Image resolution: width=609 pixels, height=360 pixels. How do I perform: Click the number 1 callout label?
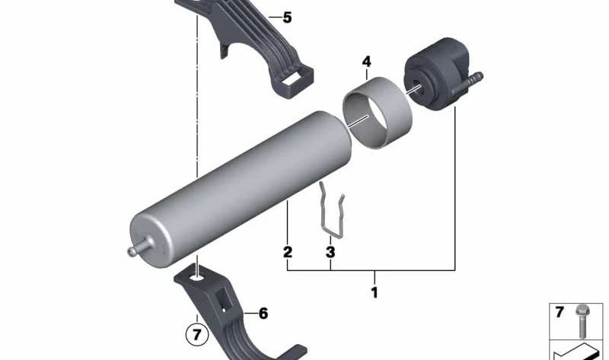[374, 292]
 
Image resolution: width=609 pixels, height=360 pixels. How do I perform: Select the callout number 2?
[288, 252]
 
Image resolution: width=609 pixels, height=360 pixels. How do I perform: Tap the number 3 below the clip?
[330, 252]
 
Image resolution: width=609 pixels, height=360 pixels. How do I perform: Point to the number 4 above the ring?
[366, 61]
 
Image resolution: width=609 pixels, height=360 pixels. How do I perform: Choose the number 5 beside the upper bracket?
[286, 17]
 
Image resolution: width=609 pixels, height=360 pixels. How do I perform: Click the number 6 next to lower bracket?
[263, 313]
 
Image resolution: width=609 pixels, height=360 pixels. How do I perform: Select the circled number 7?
[196, 334]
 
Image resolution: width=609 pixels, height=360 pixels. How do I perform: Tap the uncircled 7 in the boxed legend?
[560, 312]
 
